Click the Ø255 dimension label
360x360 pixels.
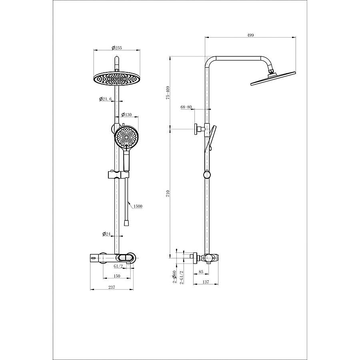117,48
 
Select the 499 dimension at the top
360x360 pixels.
250,35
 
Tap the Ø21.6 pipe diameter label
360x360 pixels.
105,99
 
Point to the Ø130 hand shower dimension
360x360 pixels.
126,114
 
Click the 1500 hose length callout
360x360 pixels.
138,206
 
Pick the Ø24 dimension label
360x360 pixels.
106,234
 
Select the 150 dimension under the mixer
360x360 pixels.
117,276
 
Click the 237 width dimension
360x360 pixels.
112,287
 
